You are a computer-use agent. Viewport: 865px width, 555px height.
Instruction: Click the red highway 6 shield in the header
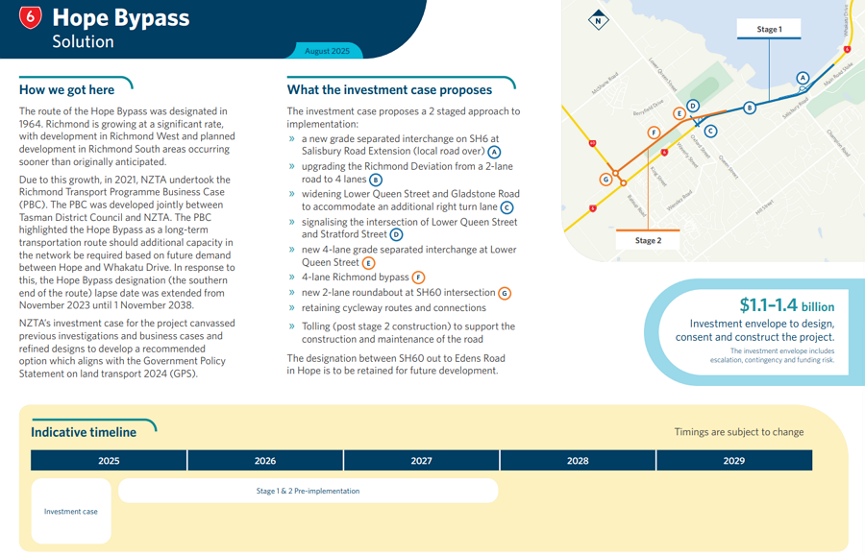(32, 17)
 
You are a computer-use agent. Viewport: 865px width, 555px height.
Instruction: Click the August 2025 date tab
(327, 51)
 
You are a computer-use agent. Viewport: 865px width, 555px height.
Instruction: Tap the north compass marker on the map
(599, 20)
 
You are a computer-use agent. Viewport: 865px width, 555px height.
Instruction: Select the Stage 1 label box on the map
(769, 30)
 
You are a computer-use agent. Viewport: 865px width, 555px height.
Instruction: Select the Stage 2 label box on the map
(648, 241)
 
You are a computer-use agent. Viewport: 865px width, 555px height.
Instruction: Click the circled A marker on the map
(803, 78)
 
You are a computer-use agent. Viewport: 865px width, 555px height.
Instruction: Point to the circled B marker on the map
(750, 108)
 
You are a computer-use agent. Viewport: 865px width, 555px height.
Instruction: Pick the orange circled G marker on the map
(606, 179)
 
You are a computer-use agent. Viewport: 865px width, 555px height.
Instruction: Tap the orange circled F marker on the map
(654, 133)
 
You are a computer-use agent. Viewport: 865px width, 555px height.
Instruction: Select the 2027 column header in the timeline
(421, 461)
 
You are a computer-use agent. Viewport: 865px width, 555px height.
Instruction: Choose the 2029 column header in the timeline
(733, 461)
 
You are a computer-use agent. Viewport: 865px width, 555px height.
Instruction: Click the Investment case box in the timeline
(71, 512)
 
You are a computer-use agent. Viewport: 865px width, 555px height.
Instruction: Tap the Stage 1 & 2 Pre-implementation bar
(308, 491)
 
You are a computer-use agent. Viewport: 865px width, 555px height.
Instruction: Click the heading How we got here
(67, 90)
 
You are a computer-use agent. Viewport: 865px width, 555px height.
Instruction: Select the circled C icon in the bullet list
(507, 207)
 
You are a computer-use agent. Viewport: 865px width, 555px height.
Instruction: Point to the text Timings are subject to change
(738, 432)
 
